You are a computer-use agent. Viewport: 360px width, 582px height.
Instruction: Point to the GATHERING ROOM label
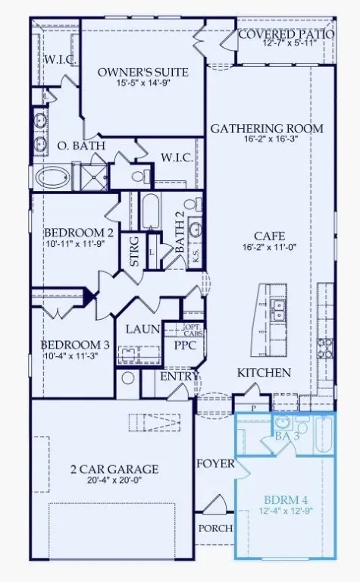(266, 129)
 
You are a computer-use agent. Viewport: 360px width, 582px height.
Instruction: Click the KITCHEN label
(265, 373)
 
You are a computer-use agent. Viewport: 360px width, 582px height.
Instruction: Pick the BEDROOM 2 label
(68, 233)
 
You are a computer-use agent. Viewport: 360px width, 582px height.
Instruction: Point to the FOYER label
(216, 464)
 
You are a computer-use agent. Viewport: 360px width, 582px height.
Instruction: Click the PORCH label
(214, 528)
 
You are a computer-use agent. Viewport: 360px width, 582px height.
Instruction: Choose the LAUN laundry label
(141, 329)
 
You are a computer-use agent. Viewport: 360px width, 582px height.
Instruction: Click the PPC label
(186, 346)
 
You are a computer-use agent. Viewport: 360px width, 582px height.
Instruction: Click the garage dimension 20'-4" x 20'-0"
(114, 481)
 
